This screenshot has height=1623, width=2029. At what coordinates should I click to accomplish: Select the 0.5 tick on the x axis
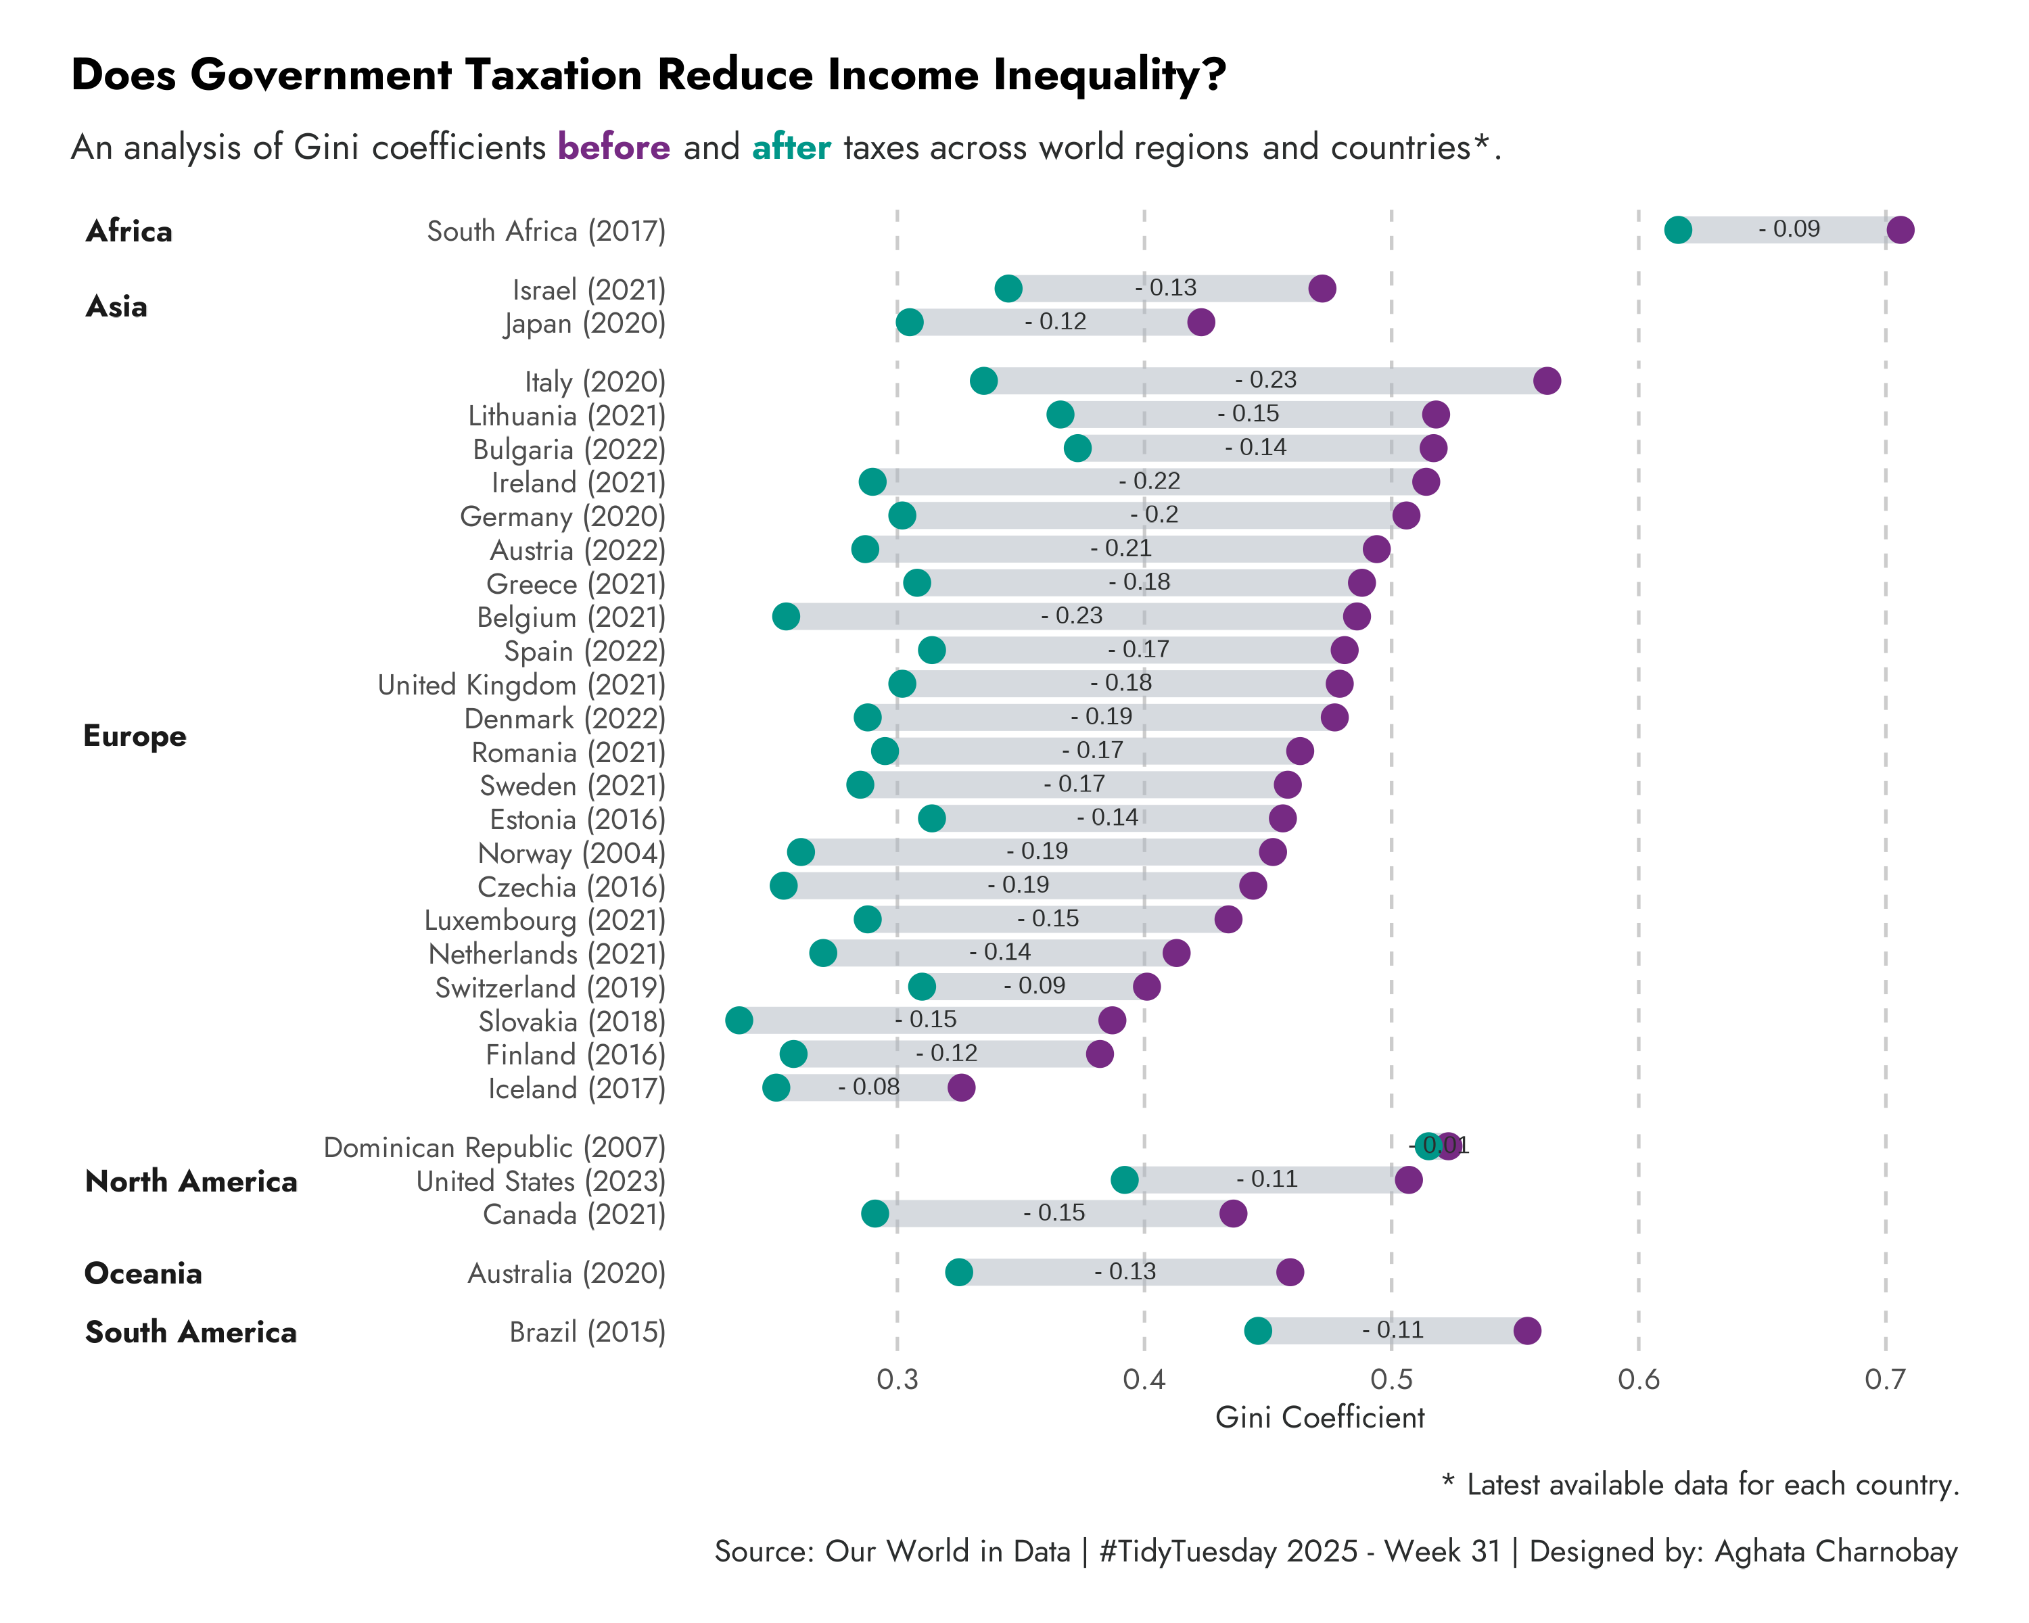click(x=1391, y=1380)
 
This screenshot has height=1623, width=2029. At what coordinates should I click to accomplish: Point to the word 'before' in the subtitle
click(x=613, y=147)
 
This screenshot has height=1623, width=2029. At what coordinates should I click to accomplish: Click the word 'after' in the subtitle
click(x=791, y=147)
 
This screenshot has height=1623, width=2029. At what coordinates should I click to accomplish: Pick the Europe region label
click(x=135, y=736)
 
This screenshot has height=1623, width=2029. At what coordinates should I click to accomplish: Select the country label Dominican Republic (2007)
click(x=494, y=1147)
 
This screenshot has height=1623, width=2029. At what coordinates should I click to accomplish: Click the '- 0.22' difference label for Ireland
click(x=1149, y=481)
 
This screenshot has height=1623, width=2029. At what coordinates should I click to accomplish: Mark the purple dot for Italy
click(x=1546, y=380)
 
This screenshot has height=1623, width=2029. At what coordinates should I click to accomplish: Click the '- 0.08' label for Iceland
click(x=868, y=1087)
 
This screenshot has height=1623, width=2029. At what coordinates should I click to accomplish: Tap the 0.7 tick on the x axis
click(x=1885, y=1380)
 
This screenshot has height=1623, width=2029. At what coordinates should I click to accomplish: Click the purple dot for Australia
click(x=1289, y=1272)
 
